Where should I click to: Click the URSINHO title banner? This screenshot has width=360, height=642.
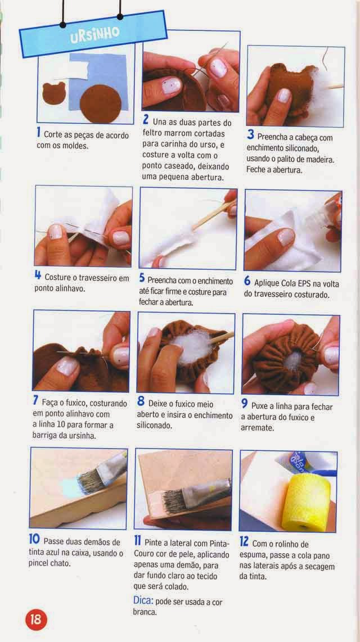tap(93, 34)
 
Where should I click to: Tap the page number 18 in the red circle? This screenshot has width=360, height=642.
tap(37, 618)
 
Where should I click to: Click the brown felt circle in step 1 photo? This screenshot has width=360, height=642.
tap(100, 103)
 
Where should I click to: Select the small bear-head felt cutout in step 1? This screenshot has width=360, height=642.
tap(54, 93)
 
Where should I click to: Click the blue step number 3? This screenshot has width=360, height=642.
tap(251, 135)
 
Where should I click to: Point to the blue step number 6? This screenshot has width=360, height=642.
tap(247, 281)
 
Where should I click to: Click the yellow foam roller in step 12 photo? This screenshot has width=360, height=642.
tap(306, 501)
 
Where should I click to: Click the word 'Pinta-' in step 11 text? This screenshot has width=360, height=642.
tap(219, 543)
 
